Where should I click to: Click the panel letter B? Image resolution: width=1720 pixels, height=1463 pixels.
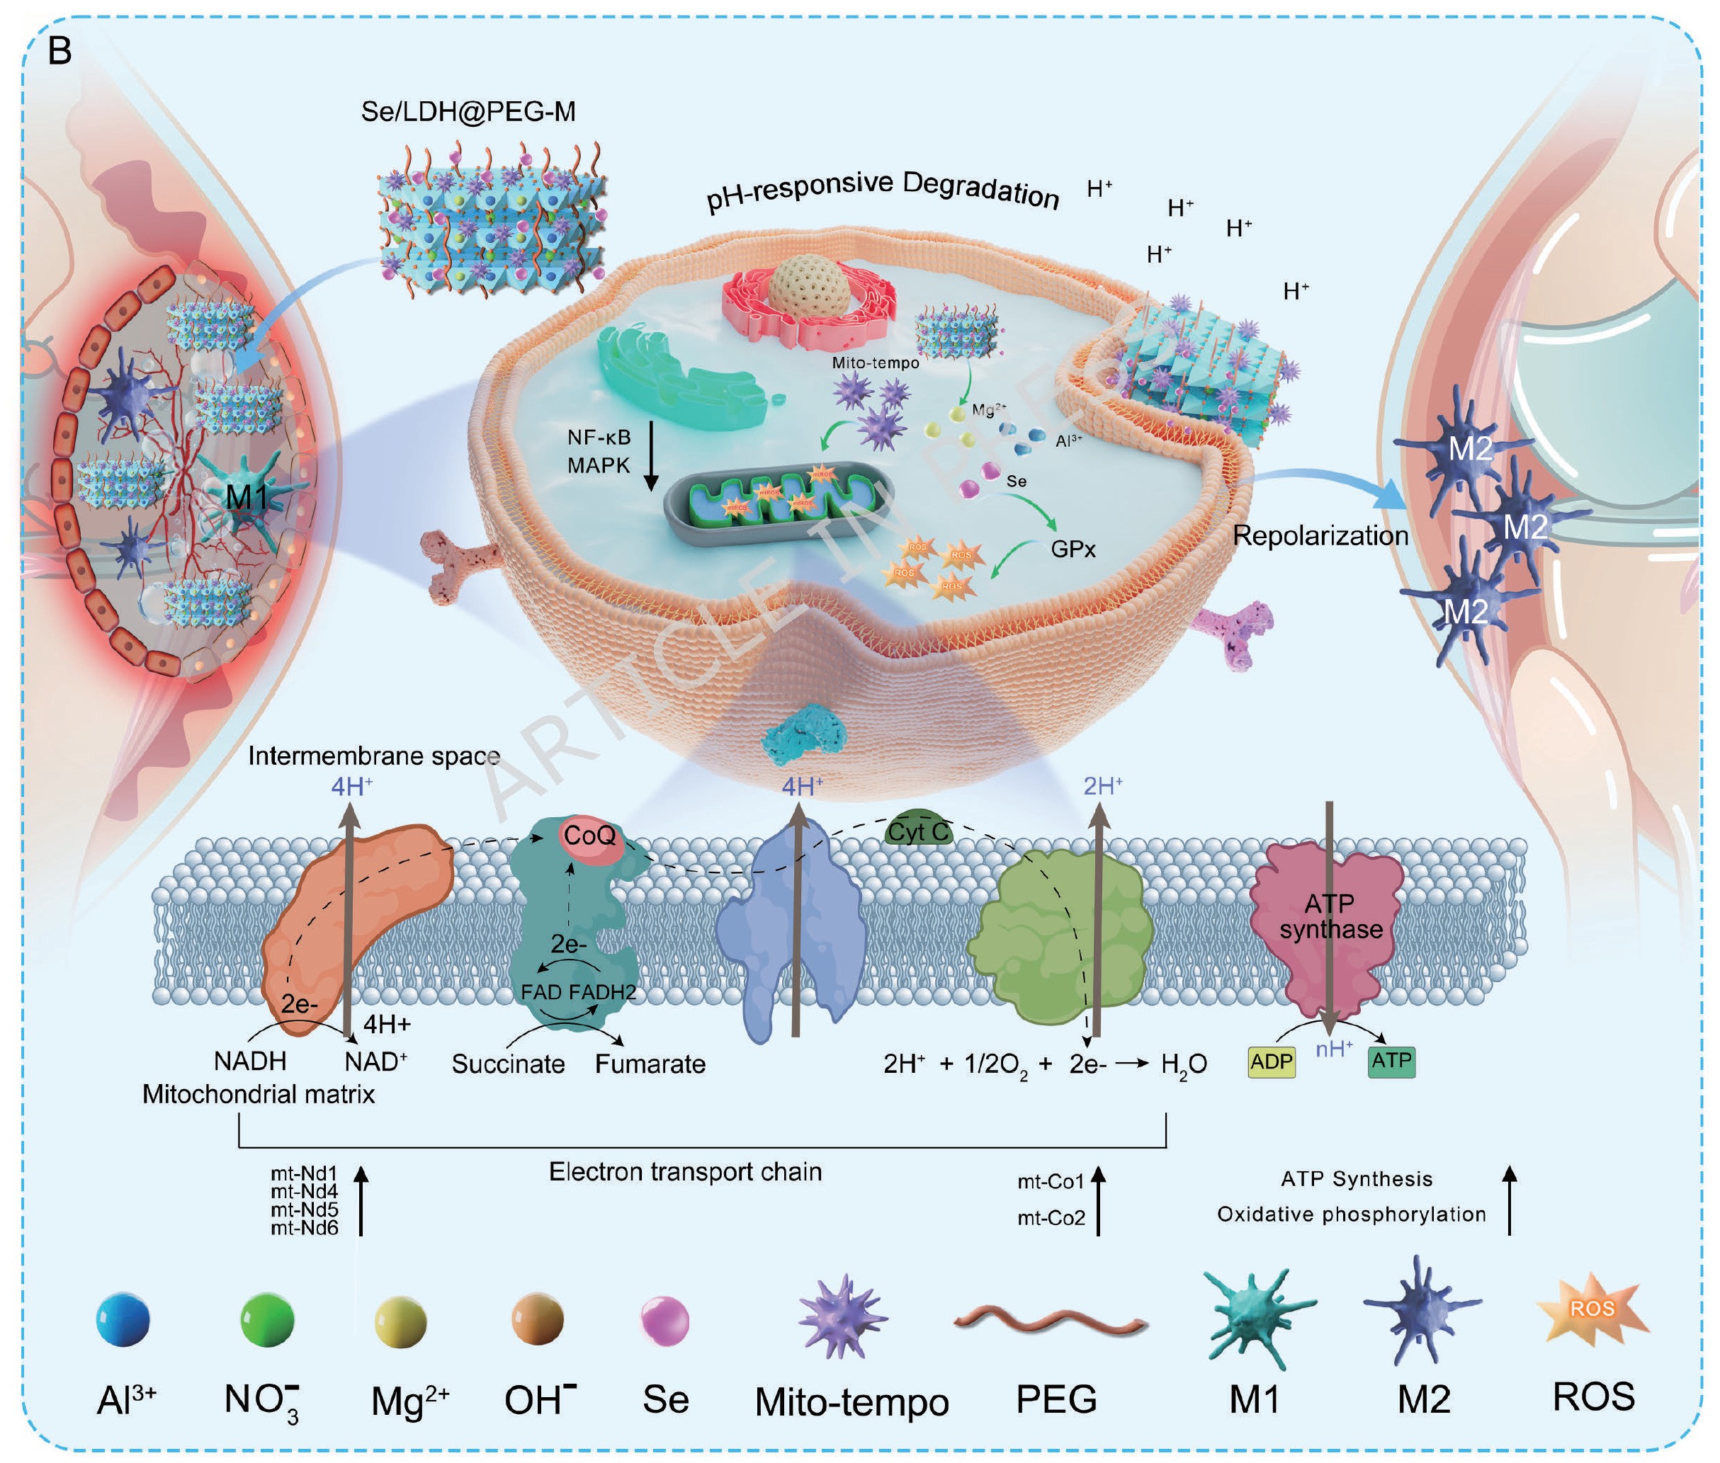[x=60, y=52]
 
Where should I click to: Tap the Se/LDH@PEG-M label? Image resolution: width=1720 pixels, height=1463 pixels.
[x=468, y=111]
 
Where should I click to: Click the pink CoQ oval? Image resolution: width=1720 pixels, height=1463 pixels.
[x=590, y=835]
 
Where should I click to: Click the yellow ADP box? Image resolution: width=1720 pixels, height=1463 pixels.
[x=1271, y=1061]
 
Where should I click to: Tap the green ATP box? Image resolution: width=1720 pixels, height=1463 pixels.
[x=1391, y=1061]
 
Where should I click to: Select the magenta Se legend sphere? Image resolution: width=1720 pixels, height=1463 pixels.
[x=664, y=1321]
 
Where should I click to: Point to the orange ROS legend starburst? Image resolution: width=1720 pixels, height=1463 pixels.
[x=1591, y=1310]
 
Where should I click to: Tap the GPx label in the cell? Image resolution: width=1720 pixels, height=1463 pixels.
[x=1073, y=549]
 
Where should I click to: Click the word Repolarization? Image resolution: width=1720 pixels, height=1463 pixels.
[x=1320, y=536]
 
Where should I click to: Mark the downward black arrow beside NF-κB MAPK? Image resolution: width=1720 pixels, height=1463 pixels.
[x=651, y=455]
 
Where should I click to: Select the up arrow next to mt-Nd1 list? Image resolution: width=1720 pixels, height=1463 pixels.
[x=360, y=1200]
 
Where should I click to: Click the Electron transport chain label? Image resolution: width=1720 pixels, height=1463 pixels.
[x=685, y=1172]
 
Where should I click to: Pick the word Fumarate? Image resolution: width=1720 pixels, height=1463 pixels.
[x=650, y=1064]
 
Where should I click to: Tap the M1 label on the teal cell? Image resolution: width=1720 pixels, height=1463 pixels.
[x=247, y=497]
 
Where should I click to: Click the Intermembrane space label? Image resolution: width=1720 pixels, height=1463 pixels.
[x=373, y=756]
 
